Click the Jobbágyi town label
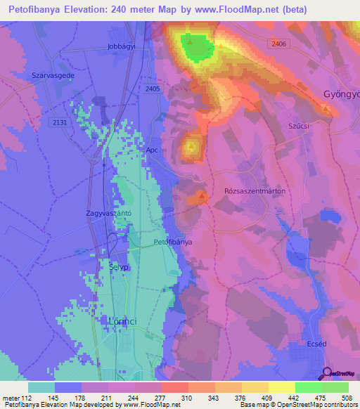pos(122,46)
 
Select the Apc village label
pos(152,150)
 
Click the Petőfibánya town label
pos(172,242)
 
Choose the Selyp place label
pos(119,268)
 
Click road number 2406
pos(278,43)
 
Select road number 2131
pos(60,122)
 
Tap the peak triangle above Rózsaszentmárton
pos(201,196)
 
